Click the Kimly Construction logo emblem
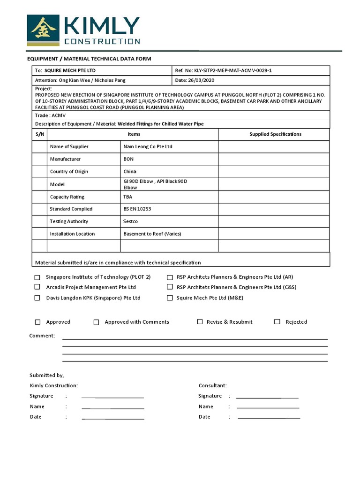43,30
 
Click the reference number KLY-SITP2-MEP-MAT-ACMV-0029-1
223,70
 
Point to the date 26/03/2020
197,80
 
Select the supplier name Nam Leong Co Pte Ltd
148,146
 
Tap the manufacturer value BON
128,159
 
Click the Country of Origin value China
130,172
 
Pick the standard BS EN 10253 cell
138,209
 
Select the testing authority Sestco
131,221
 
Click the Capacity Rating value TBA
128,197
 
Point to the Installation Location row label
72,234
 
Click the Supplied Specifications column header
275,134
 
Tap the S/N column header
40,134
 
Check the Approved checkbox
38,322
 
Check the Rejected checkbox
277,322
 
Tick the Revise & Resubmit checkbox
200,322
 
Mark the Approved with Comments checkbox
97,322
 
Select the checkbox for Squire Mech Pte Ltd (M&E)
170,298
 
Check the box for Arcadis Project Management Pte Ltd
37,287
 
